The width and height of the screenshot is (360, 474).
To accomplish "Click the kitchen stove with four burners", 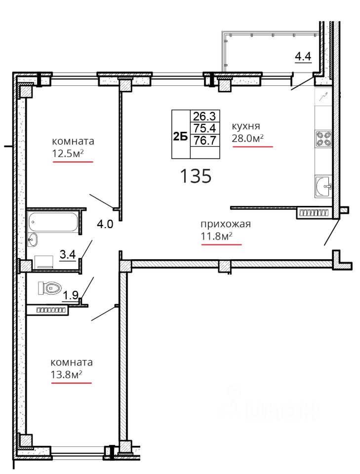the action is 322,139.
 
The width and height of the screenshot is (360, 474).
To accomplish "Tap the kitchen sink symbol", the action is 323,186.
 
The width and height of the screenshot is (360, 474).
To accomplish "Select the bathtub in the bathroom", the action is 53,222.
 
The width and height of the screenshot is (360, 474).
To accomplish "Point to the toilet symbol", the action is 49,288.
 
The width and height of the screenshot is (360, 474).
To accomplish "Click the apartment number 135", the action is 196,176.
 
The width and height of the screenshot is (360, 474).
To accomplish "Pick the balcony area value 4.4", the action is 303,56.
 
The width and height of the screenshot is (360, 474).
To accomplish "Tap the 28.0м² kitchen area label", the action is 248,138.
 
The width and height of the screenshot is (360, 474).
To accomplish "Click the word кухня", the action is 246,126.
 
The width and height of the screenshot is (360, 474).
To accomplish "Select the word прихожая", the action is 226,224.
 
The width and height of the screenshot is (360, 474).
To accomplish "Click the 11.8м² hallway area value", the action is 216,236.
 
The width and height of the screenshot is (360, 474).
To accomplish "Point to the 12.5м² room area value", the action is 68,154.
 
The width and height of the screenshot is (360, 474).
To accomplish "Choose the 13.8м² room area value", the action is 67,375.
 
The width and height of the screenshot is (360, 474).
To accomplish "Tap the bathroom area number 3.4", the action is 68,255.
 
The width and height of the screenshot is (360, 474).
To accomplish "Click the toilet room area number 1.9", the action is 71,295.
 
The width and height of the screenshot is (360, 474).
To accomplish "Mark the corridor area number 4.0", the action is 105,224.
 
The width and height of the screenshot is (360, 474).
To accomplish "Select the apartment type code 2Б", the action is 180,137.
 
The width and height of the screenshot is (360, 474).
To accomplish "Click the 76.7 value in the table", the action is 205,140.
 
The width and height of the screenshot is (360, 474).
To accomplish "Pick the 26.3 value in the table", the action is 204,116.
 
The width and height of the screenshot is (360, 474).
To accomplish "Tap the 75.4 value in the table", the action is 205,128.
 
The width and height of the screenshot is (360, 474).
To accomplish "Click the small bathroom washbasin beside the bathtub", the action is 32,240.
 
